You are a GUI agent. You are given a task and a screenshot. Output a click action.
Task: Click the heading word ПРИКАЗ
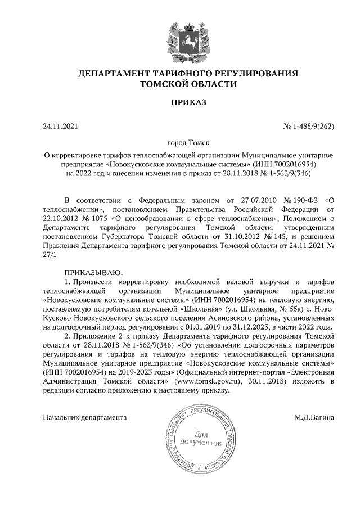(x=180, y=102)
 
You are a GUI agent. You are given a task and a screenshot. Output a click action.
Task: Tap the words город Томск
(x=180, y=144)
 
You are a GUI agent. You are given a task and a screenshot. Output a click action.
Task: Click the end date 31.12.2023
(x=261, y=326)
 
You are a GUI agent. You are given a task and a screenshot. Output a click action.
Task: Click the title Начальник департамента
(x=85, y=417)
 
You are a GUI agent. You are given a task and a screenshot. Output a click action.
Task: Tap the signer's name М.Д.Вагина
(x=314, y=417)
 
